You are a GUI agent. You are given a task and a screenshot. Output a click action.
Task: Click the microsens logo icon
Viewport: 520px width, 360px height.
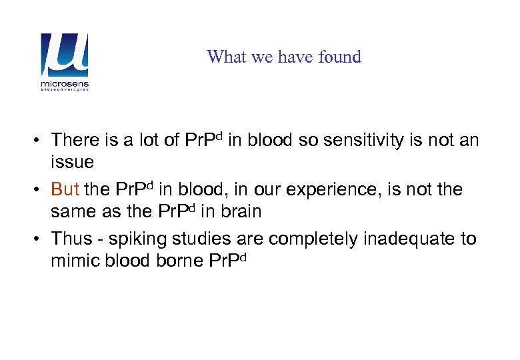(65, 55)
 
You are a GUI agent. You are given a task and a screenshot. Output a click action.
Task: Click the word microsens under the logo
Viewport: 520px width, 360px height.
(65, 85)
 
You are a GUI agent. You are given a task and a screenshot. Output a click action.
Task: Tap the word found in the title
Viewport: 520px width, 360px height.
(339, 57)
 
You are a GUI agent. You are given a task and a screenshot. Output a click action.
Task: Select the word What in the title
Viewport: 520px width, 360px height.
(223, 57)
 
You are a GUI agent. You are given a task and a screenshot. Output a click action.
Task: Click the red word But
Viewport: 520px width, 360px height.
(65, 189)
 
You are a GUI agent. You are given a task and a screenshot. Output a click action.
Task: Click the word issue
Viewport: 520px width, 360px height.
(72, 162)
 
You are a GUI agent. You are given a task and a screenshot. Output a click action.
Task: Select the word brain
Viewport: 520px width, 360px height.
(238, 212)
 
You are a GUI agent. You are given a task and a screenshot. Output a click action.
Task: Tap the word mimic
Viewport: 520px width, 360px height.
(72, 261)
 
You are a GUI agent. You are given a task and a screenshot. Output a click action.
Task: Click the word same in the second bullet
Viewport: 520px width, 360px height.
(71, 212)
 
